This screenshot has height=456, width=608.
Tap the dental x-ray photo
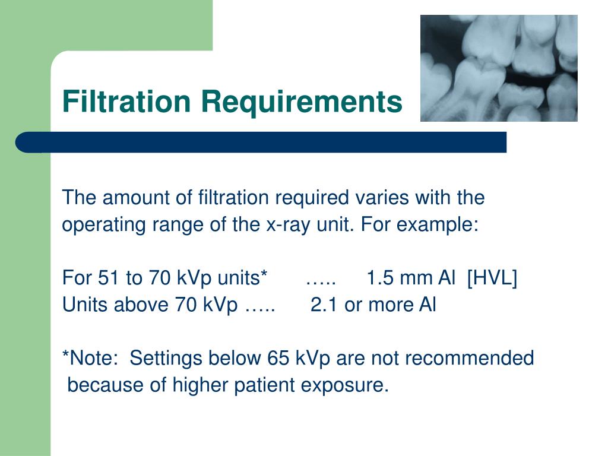(499, 68)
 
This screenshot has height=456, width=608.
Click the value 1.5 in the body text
(378, 278)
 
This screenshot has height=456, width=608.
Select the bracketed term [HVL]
(492, 278)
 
